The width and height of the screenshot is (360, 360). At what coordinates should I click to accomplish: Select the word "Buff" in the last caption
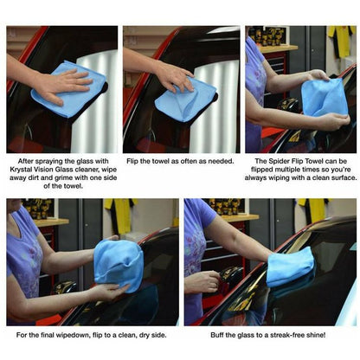206,334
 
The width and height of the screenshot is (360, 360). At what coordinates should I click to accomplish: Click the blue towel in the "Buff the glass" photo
289,267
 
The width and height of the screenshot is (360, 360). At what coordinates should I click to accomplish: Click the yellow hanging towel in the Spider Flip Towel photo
341,39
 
